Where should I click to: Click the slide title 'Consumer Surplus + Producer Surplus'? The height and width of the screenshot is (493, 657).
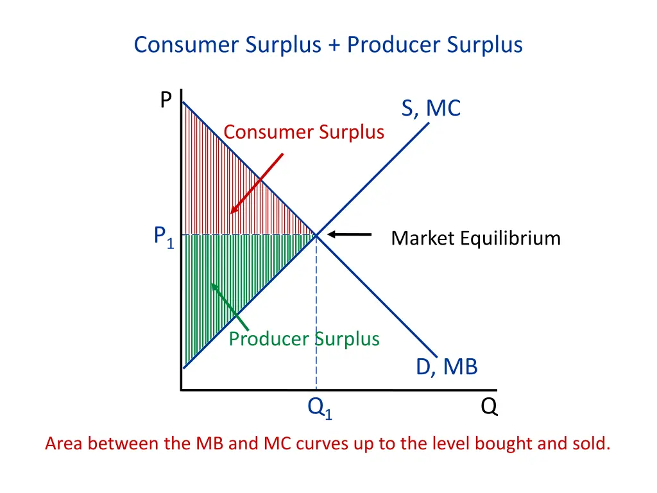328,45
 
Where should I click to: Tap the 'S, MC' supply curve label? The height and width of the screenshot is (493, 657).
431,108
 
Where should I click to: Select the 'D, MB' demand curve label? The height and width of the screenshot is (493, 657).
447,367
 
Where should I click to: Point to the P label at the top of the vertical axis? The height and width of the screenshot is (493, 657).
166,100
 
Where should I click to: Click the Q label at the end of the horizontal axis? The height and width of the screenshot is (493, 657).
489,407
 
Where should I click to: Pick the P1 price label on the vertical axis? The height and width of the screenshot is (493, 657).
164,238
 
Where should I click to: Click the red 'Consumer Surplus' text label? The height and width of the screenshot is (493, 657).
303,132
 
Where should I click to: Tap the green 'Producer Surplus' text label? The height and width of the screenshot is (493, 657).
303,338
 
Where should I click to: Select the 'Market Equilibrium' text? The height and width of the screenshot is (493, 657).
475,239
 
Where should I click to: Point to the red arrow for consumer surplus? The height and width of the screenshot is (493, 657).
257,183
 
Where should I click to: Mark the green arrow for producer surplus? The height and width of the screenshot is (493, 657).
229,306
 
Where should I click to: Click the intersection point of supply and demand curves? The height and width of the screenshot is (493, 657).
316,236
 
